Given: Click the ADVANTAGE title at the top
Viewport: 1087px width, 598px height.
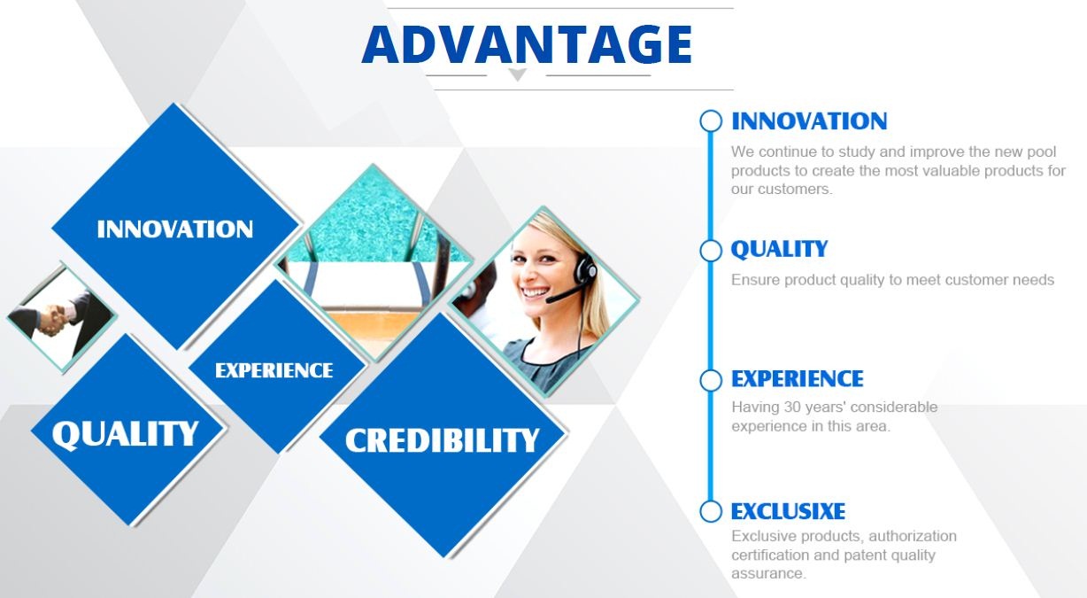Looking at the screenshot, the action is click(527, 44).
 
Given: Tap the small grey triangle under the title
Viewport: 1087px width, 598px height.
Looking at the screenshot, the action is click(517, 74).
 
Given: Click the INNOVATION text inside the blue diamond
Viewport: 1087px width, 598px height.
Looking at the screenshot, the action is click(175, 229).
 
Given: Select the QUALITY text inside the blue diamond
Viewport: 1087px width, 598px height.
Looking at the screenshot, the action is click(125, 434).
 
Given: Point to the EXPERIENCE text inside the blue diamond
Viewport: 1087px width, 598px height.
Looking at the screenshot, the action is click(274, 370).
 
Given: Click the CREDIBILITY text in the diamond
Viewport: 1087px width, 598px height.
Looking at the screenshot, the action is click(442, 440).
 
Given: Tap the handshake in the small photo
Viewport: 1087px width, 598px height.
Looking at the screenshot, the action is click(57, 320).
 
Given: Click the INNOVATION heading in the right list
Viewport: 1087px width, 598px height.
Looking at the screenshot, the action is click(809, 121).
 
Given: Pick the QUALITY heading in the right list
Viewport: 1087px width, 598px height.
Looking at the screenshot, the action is click(779, 249).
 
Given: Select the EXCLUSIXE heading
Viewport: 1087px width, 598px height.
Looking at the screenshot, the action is click(788, 511).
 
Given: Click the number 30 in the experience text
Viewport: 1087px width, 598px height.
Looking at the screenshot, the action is click(792, 408).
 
